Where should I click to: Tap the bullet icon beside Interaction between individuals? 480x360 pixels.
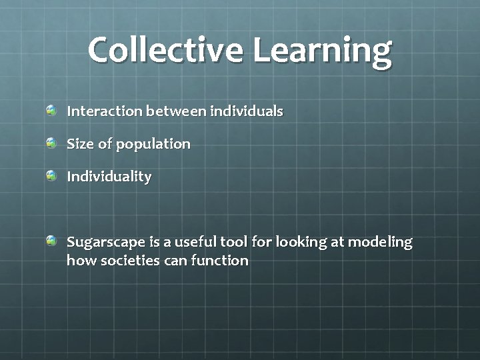click(x=51, y=109)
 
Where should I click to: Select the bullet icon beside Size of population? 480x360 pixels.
click(x=51, y=143)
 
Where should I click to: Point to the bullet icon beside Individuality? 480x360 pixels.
click(x=51, y=175)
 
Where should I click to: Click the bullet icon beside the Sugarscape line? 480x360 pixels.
click(x=51, y=241)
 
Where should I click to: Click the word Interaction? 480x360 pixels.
click(x=104, y=111)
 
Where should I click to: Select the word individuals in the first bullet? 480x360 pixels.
click(x=247, y=111)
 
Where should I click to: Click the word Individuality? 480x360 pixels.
click(x=109, y=177)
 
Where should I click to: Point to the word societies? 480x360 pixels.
click(x=131, y=261)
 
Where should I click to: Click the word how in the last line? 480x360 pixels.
click(x=81, y=261)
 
